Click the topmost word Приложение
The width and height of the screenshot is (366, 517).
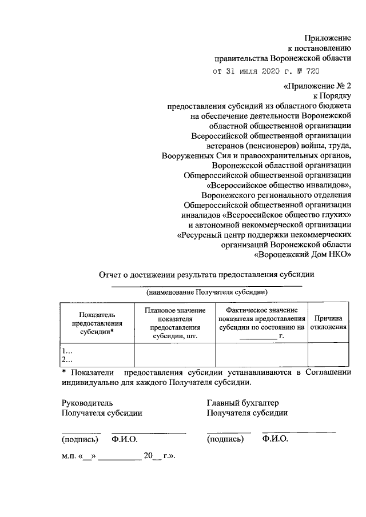click(327, 37)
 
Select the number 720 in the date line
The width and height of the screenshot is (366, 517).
click(311, 71)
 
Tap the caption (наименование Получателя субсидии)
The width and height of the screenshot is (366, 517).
click(206, 292)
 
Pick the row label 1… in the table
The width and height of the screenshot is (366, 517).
click(67, 350)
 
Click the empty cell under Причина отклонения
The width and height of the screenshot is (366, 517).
click(328, 355)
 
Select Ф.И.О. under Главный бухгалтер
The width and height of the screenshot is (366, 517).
click(275, 439)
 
